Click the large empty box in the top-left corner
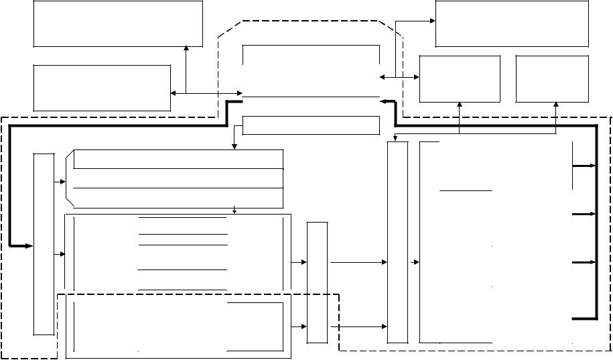[x=118, y=23]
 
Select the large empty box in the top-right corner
[x=512, y=23]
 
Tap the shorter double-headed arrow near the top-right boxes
[x=399, y=78]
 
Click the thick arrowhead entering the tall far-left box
[x=27, y=246]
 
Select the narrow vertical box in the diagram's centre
[x=317, y=282]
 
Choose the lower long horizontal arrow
[x=359, y=326]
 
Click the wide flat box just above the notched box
[x=310, y=125]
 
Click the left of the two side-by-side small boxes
[x=460, y=78]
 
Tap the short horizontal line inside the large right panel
[x=466, y=191]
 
